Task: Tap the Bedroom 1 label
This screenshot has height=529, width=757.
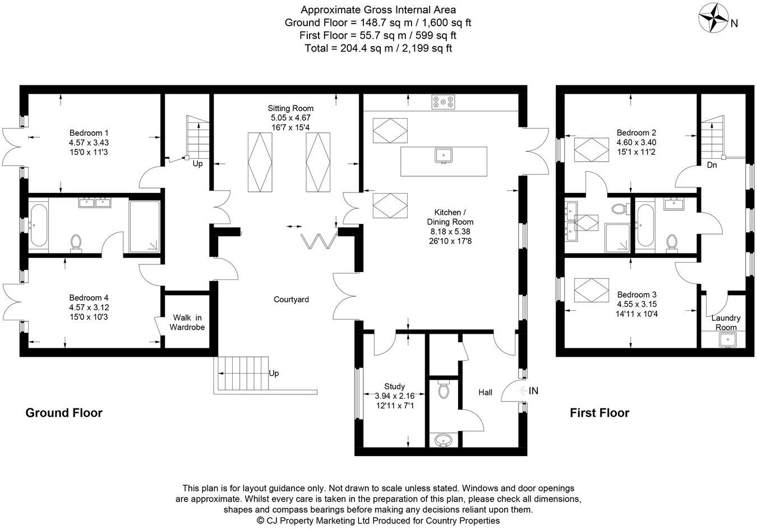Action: pos(89,133)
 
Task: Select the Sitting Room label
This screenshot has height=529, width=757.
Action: pos(290,108)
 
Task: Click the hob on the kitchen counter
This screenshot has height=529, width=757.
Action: pos(443,102)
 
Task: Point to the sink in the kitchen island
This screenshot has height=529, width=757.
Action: pos(443,155)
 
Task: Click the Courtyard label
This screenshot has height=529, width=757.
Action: pos(291,300)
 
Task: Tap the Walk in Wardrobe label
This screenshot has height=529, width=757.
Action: pos(187,323)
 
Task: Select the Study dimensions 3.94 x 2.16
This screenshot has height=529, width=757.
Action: pos(394,396)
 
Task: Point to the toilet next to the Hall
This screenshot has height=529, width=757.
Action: pos(444,389)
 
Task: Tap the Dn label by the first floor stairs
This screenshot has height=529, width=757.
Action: pos(712,165)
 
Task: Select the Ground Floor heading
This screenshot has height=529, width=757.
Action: pos(64,413)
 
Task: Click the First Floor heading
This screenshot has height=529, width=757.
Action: pos(599,413)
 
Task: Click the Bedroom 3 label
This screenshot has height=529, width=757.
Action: pos(636,295)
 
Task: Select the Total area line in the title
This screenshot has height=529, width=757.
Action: pos(378,48)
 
